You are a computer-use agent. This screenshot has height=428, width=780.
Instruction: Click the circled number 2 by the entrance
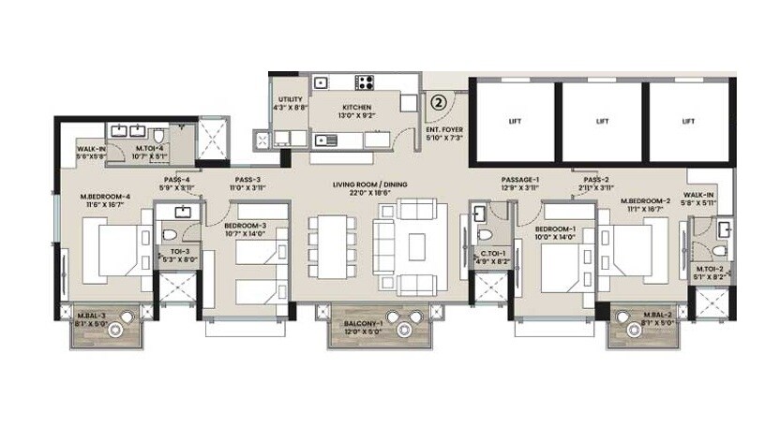click(x=439, y=104)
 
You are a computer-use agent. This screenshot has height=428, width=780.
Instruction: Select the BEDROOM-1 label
click(x=556, y=229)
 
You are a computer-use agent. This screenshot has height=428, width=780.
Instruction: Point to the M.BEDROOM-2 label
click(x=645, y=200)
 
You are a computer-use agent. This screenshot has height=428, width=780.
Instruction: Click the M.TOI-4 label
click(x=151, y=148)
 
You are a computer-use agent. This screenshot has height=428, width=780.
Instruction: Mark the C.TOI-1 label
click(x=493, y=253)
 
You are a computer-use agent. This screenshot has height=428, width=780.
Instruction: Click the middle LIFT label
click(x=603, y=121)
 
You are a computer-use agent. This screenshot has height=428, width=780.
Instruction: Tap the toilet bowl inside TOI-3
click(x=170, y=235)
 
